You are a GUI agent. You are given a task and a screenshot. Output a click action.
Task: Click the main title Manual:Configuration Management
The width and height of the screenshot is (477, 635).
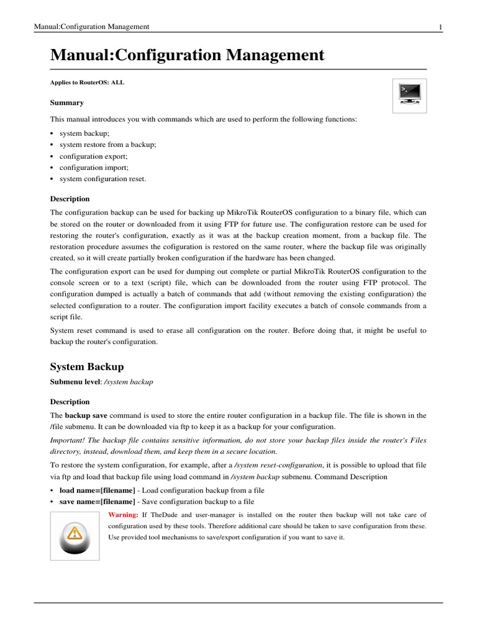187,55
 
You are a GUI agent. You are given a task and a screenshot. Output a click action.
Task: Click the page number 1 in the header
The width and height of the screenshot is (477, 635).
440,27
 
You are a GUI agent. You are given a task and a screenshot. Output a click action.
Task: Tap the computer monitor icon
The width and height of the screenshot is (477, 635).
409,95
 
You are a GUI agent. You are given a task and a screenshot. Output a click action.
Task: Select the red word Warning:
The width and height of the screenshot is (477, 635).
123,515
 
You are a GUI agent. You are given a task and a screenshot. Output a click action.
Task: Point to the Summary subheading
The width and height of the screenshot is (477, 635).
66,102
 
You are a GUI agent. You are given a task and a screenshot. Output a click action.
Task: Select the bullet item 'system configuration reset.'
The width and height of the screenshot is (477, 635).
102,179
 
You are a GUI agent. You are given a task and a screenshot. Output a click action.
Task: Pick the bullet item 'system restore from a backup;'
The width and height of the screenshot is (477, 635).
107,144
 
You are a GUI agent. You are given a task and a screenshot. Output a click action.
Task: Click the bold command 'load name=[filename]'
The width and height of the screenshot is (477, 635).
97,490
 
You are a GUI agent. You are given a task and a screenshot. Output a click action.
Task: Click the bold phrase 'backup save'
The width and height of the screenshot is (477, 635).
85,415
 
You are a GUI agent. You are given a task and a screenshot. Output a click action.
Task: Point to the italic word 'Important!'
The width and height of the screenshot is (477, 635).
67,440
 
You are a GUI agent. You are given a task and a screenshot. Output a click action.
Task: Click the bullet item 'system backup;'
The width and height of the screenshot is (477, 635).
84,133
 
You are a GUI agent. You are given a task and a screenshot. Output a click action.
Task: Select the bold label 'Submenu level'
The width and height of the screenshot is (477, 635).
75,382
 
